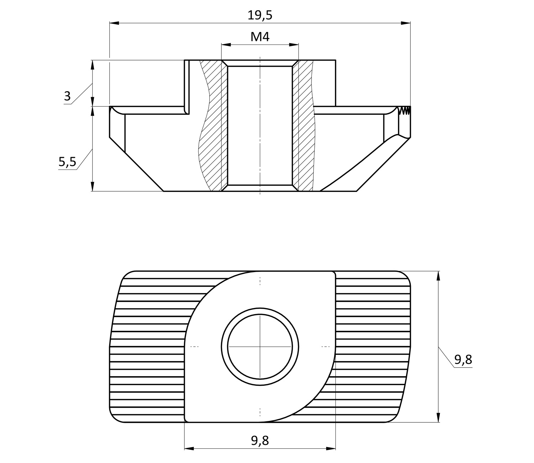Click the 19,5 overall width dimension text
click(x=260, y=16)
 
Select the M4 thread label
click(x=260, y=37)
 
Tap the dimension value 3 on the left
click(x=67, y=96)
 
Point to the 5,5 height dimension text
click(x=67, y=162)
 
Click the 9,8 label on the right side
click(x=463, y=360)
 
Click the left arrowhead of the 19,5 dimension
click(x=114, y=23)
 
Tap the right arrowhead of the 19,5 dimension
click(x=405, y=23)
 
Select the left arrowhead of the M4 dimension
click(x=226, y=45)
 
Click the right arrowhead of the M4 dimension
click(x=294, y=45)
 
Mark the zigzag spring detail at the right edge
click(x=404, y=110)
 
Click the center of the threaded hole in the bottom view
click(x=260, y=347)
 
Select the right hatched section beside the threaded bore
click(x=304, y=126)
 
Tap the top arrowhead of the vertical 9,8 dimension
click(x=438, y=276)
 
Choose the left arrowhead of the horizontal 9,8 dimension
click(x=189, y=456)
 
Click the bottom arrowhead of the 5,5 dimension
click(x=93, y=186)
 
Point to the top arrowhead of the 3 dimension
click(x=93, y=65)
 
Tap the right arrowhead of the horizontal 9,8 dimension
click(x=331, y=456)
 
